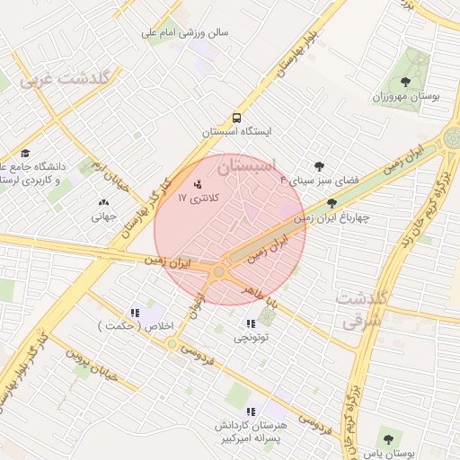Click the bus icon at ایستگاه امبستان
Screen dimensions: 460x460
click(236, 118)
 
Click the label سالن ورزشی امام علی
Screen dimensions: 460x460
click(185, 33)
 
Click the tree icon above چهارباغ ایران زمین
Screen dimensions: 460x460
click(332, 203)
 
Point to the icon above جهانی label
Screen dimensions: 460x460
click(102, 203)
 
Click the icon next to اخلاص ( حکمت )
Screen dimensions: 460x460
click(136, 313)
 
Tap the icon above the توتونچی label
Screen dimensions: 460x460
click(262, 323)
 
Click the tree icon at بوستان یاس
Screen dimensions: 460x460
click(387, 440)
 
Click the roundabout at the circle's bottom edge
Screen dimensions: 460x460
click(218, 270)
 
